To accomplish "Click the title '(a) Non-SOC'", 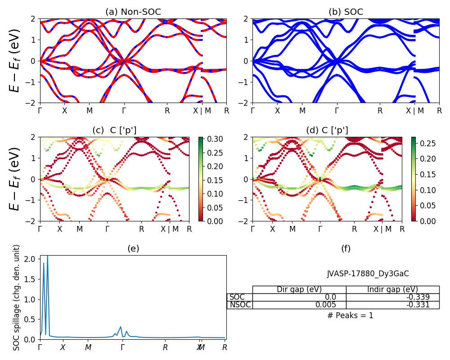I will coord(133,12).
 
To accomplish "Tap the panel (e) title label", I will coord(133,248).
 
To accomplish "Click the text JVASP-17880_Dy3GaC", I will coord(368,274).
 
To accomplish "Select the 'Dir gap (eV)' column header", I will coord(299,289).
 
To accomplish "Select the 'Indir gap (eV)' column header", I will coord(392,289).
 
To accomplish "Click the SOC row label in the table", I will coord(238,297).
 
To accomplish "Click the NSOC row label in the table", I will coord(240,305).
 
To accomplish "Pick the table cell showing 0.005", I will coord(299,305).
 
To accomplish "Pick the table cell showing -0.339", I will coord(392,297).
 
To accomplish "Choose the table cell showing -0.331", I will coord(392,305).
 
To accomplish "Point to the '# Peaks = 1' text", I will coord(351,315).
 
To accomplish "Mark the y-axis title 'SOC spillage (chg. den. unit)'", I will coord(17,297).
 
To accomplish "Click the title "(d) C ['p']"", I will coord(327,130).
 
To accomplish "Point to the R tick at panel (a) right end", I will coord(226,110).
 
